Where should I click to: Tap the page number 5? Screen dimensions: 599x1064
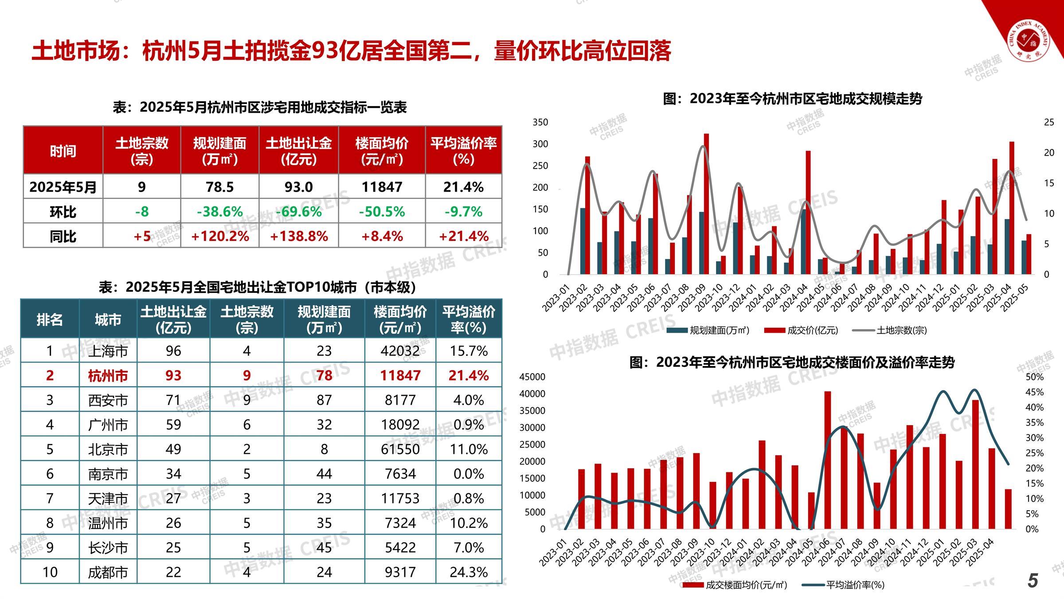click(1033, 580)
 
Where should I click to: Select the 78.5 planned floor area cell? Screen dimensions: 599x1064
click(219, 187)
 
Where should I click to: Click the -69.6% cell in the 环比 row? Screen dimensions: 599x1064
click(299, 211)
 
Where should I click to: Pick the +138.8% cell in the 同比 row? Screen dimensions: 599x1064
click(299, 236)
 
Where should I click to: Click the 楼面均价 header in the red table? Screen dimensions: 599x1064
click(382, 151)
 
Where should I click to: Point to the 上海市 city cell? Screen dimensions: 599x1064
click(108, 351)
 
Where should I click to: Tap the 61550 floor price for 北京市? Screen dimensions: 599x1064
click(400, 449)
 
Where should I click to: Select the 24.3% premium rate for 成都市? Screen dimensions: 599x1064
click(469, 572)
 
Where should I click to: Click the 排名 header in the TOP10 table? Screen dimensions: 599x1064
click(50, 319)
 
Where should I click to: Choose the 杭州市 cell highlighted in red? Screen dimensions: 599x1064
click(108, 375)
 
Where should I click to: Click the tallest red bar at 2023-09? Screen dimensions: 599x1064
click(706, 204)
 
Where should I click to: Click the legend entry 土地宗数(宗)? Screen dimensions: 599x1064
click(901, 330)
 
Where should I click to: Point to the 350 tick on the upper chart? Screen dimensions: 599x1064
click(540, 122)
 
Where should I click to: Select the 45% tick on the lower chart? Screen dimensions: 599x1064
click(1034, 392)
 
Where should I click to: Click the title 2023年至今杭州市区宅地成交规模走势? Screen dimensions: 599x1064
click(792, 99)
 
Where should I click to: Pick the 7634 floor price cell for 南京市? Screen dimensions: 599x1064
click(400, 474)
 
